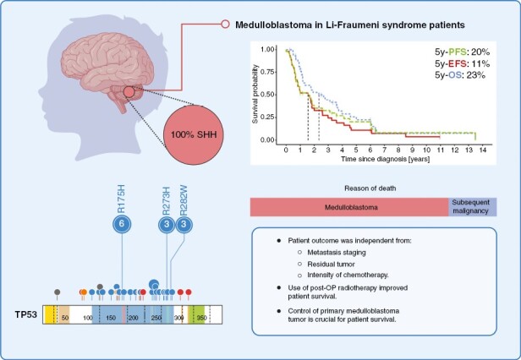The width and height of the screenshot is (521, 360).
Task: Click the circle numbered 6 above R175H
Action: point(123,223)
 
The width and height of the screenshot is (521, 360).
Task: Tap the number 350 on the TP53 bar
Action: point(200,318)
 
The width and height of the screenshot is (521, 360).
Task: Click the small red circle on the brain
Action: point(127,91)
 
